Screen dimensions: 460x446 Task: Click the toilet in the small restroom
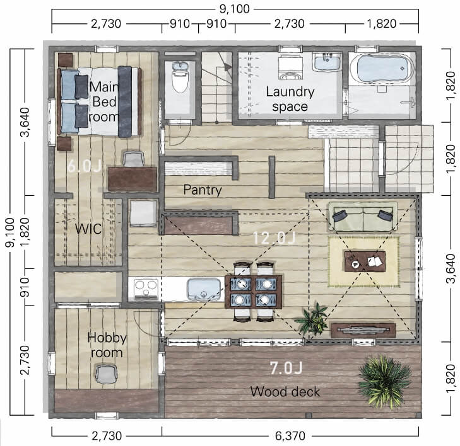pos(180,77)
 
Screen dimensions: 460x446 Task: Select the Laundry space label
pos(290,99)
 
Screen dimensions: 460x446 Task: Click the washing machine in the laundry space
pos(290,67)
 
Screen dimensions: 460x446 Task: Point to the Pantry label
pos(203,190)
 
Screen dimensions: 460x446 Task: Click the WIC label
pos(88,229)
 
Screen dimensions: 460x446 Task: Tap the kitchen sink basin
pos(204,289)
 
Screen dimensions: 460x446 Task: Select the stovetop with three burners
pos(146,289)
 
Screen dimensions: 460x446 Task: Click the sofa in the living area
pos(363,217)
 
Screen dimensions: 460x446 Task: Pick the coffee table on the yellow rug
pos(365,261)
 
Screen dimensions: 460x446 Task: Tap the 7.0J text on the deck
pos(286,368)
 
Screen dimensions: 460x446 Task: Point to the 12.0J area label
pos(273,237)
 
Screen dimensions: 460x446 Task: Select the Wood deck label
pos(285,392)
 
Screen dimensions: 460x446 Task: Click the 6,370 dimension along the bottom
pos(290,436)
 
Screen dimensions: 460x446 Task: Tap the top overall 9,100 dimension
pos(234,9)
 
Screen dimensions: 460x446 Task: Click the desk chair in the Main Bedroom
pos(134,158)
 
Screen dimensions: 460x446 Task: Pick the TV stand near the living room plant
pos(363,330)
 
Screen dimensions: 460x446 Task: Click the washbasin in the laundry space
pos(327,62)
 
